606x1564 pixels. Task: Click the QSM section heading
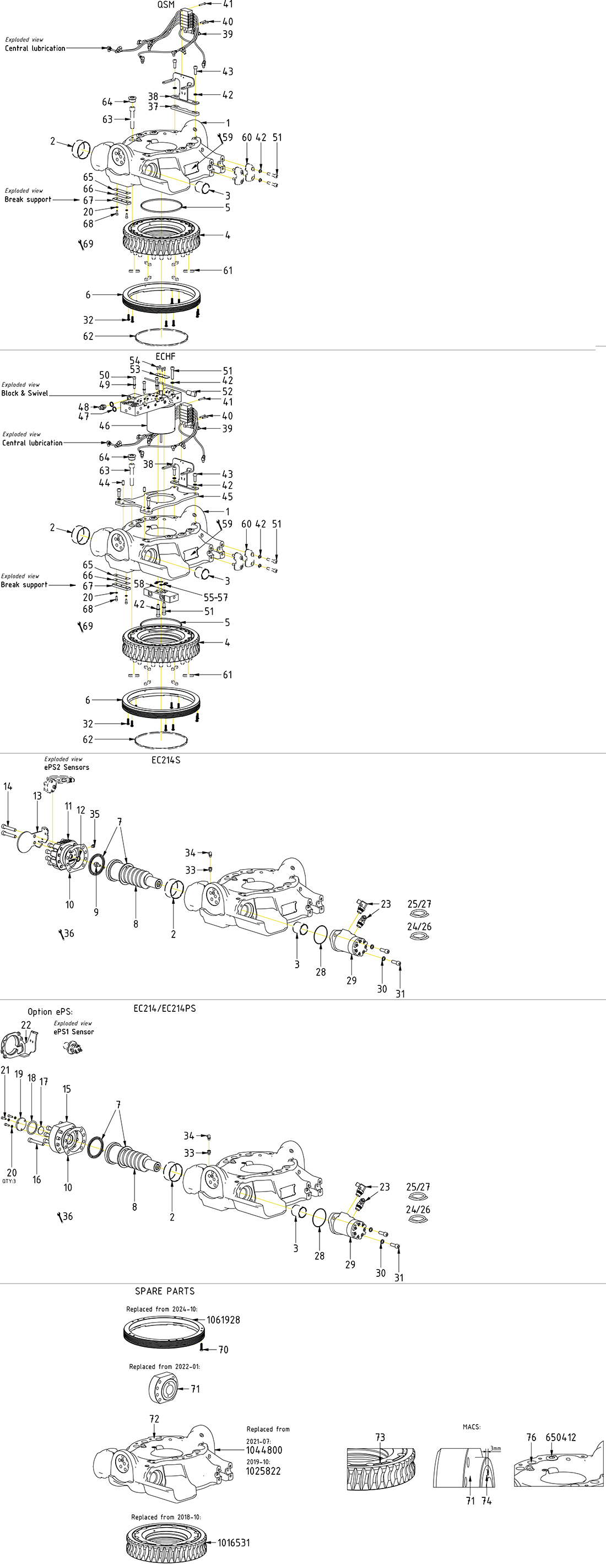pyautogui.click(x=166, y=5)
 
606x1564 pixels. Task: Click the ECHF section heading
pyautogui.click(x=165, y=357)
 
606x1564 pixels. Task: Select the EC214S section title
pyautogui.click(x=166, y=760)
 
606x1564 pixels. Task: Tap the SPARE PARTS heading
pyautogui.click(x=165, y=1291)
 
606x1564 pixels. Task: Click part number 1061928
pyautogui.click(x=223, y=1320)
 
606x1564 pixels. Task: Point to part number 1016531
pyautogui.click(x=234, y=1543)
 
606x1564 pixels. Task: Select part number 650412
pyautogui.click(x=560, y=1437)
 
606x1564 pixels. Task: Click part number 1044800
pyautogui.click(x=263, y=1450)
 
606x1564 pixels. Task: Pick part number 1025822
pyautogui.click(x=263, y=1471)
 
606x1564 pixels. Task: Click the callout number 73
pyautogui.click(x=380, y=1437)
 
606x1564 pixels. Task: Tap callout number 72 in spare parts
pyautogui.click(x=154, y=1419)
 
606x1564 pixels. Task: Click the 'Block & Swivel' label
pyautogui.click(x=24, y=393)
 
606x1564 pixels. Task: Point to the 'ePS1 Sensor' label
pyautogui.click(x=73, y=1032)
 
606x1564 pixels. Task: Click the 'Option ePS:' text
pyautogui.click(x=50, y=1011)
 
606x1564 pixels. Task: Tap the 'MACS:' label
pyautogui.click(x=471, y=1427)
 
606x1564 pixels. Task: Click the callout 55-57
pyautogui.click(x=215, y=597)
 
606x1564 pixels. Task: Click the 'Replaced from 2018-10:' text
pyautogui.click(x=166, y=1517)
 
